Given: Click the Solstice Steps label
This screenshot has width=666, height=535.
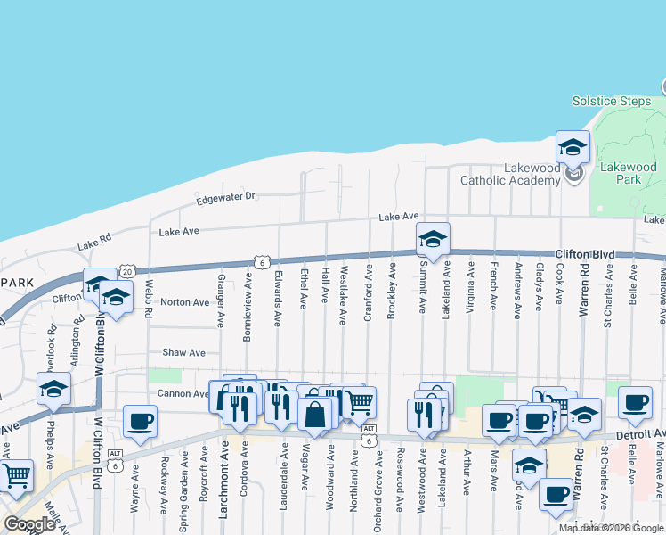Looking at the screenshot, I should (611, 102).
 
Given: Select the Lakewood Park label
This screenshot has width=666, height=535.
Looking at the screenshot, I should (628, 173).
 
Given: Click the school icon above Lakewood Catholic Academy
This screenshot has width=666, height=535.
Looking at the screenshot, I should (573, 146).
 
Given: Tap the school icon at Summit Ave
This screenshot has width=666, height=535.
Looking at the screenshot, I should (433, 239).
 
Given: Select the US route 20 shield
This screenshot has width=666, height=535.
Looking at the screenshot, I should (128, 271).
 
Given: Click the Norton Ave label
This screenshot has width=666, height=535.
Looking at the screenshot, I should (183, 302).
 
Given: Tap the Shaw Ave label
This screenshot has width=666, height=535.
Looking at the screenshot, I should (183, 353).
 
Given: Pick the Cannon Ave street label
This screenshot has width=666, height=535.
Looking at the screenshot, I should (183, 393).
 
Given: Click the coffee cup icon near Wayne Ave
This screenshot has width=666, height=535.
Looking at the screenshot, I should (140, 422).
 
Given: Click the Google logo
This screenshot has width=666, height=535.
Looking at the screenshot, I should (29, 524).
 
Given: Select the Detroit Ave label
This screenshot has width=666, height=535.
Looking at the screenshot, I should (642, 433).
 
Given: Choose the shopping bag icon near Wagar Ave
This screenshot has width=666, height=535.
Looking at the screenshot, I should (314, 415).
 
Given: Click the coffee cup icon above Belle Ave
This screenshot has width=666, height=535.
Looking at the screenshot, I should (634, 403).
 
